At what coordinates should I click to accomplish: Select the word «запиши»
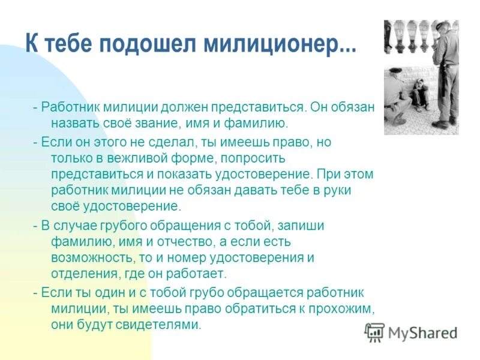(x=302, y=226)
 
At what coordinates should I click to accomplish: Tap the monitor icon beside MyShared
(x=375, y=332)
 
